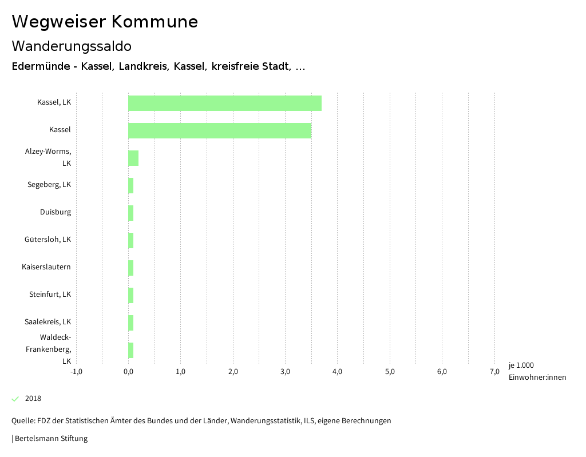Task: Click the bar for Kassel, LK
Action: [x=224, y=103]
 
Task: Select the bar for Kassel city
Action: [x=219, y=130]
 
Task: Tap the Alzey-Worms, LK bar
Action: [x=133, y=158]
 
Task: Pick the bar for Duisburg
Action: [x=131, y=213]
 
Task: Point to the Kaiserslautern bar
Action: [x=131, y=268]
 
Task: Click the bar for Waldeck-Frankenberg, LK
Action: [x=131, y=350]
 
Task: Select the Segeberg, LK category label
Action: [x=49, y=185]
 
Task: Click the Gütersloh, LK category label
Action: [x=48, y=240]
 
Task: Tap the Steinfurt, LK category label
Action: [x=50, y=295]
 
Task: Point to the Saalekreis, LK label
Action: [x=48, y=322]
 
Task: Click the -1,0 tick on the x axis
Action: [x=76, y=372]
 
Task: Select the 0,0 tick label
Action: [x=128, y=372]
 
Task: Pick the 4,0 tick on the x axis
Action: [x=337, y=372]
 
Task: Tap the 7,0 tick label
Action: [x=494, y=372]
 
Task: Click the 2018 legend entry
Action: [x=33, y=399]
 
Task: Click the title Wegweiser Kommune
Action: [x=105, y=22]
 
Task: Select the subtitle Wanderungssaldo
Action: [x=72, y=46]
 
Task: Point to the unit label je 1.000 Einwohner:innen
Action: [x=537, y=371]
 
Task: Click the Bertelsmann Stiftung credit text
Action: [x=51, y=439]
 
